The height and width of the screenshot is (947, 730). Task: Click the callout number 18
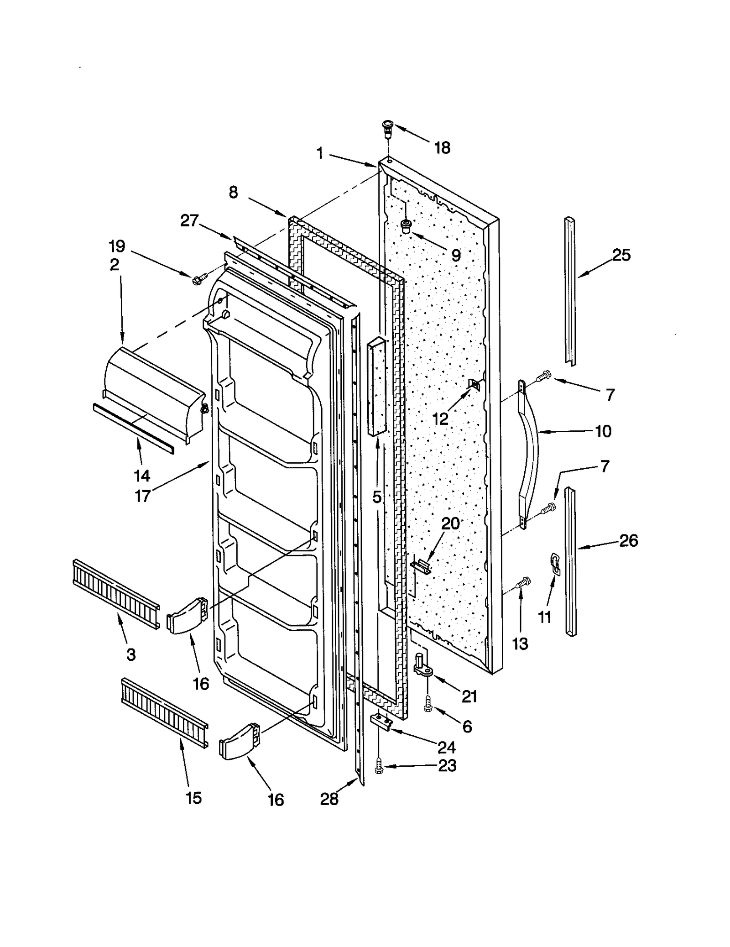point(442,148)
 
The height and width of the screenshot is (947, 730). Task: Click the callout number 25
point(621,255)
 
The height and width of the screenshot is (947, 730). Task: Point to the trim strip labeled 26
point(570,561)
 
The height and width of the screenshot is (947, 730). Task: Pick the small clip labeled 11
point(555,562)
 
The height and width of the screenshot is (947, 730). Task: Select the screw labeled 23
point(379,767)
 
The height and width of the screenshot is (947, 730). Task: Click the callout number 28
point(329,799)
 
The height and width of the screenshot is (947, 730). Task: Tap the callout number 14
point(142,476)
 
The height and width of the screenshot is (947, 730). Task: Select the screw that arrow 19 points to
point(200,278)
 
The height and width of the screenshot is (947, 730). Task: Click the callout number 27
point(189,221)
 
